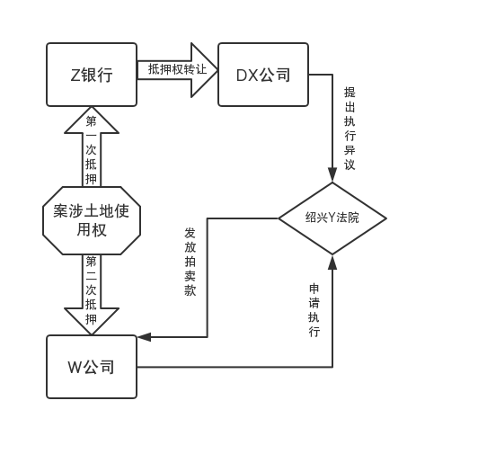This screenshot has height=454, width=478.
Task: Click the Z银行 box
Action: click(92, 75)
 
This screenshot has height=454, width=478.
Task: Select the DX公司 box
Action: click(263, 75)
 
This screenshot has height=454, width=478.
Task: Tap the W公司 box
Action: click(92, 367)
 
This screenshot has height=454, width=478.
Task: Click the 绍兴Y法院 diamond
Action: click(332, 218)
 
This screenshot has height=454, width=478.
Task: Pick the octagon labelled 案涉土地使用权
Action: click(92, 220)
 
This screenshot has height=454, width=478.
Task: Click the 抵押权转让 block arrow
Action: click(177, 70)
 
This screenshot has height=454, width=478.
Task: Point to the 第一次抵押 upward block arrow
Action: click(92, 147)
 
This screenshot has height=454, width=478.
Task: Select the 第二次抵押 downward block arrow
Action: click(92, 295)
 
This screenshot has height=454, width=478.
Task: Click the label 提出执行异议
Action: click(350, 129)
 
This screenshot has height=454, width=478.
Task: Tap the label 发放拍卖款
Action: click(190, 262)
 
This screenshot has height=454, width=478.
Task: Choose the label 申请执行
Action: click(314, 310)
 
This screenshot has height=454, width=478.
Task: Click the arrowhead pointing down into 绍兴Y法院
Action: click(332, 174)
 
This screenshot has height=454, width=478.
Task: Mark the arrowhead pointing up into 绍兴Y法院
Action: click(332, 263)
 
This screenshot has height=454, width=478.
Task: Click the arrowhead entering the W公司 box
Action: click(144, 337)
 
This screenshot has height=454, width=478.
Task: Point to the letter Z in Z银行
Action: click(75, 75)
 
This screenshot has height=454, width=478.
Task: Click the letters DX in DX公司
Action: click(247, 76)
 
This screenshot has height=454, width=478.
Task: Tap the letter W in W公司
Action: click(75, 367)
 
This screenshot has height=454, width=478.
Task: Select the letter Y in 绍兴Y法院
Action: click(332, 218)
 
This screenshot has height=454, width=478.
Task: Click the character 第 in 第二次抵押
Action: click(91, 262)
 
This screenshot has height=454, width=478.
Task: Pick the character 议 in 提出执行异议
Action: click(350, 165)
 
